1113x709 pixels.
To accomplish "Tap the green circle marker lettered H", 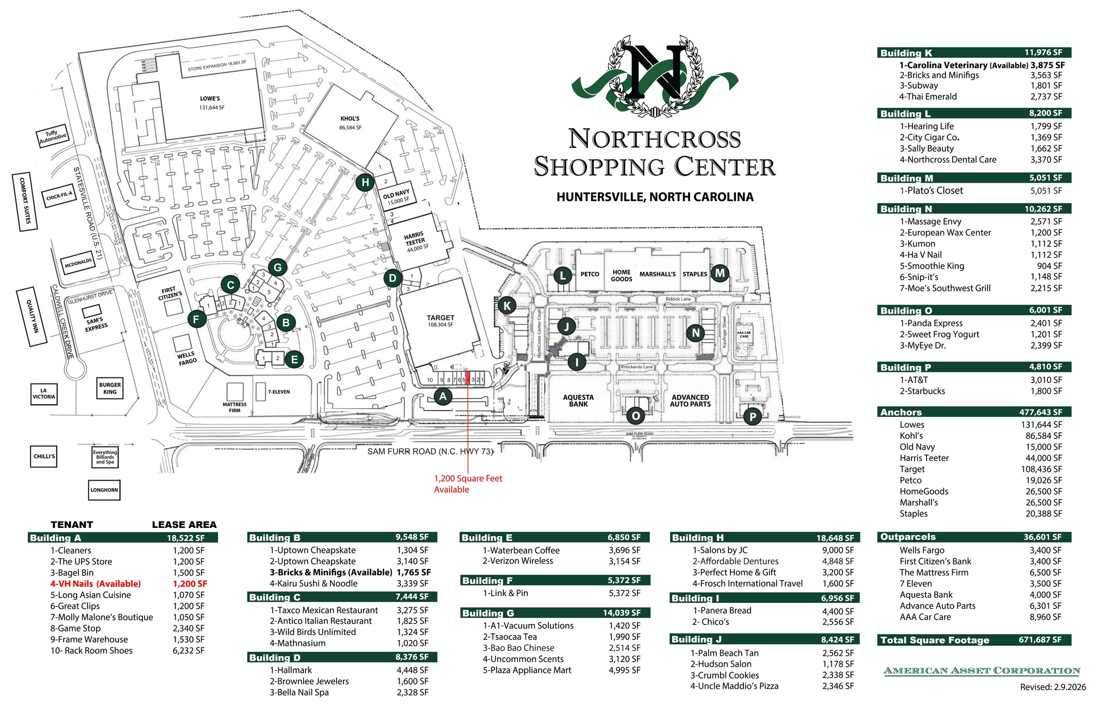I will [365, 183].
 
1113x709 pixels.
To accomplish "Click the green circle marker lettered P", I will [753, 417].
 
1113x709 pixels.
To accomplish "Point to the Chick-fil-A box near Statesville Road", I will [59, 196].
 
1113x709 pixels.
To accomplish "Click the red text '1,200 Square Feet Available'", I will [467, 484].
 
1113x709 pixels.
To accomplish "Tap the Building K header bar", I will [973, 53].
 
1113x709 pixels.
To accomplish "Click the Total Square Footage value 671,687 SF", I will [1040, 640].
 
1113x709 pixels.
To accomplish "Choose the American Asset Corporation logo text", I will [981, 670].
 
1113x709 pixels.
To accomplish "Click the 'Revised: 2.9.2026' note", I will [1053, 687].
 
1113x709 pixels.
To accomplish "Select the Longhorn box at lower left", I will [104, 490].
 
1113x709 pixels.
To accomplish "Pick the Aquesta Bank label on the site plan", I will [578, 401].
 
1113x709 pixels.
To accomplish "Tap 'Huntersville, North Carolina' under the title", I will [654, 197].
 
